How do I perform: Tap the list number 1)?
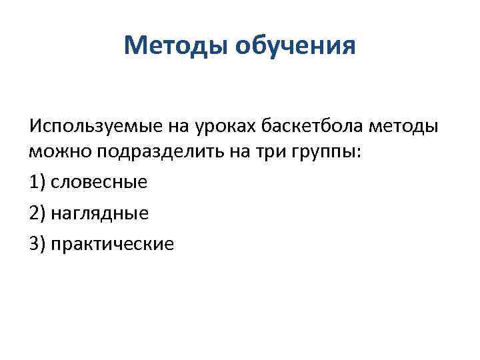coord(38,181)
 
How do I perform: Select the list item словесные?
coord(99,181)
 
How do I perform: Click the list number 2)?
coord(38,213)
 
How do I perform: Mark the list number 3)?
coord(38,244)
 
